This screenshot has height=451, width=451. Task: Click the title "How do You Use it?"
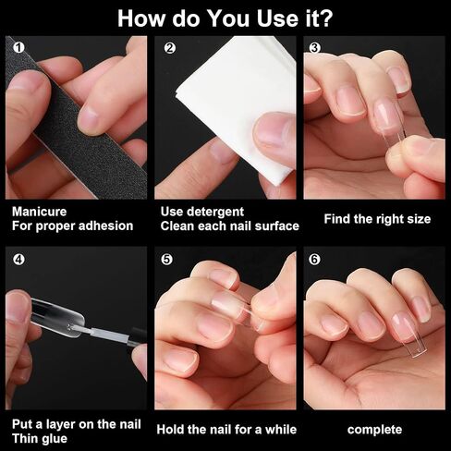coord(225,18)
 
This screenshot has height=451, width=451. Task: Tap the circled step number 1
coord(18,48)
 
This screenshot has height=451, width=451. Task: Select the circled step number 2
coord(170,48)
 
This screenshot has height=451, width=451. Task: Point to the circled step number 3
coord(314,48)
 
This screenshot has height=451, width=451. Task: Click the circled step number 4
coord(18,260)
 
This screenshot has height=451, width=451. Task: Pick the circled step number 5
coord(166,260)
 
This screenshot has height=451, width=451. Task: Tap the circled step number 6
coord(314,260)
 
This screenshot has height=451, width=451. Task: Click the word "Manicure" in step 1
coord(39,212)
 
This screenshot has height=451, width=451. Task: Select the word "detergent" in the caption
coord(215,212)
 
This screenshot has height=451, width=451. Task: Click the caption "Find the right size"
coord(377,219)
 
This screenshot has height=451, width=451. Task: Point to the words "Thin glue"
coord(40,438)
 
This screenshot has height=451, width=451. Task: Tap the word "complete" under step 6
coord(374,430)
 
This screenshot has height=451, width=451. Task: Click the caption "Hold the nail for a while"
coord(226,430)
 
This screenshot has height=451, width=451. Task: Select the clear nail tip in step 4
coord(57,317)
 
